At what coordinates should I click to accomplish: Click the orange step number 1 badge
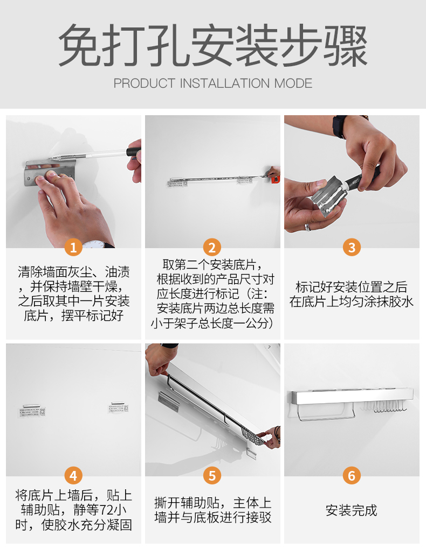[73, 247]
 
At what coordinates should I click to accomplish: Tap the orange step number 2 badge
[212, 247]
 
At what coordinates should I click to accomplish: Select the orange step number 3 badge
[352, 247]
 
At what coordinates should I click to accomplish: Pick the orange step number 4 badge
[73, 475]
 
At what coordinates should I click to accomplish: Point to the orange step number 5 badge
[212, 475]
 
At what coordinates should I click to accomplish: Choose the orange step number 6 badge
[352, 475]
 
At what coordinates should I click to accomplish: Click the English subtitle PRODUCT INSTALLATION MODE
[213, 83]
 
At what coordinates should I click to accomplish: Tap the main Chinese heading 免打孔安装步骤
[213, 45]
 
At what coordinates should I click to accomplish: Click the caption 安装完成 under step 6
[352, 510]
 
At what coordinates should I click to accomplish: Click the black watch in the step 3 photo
[340, 125]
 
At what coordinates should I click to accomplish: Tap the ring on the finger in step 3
[308, 227]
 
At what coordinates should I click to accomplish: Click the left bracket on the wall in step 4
[32, 411]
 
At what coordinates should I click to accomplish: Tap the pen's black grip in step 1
[134, 153]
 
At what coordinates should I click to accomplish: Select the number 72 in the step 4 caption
[107, 510]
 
